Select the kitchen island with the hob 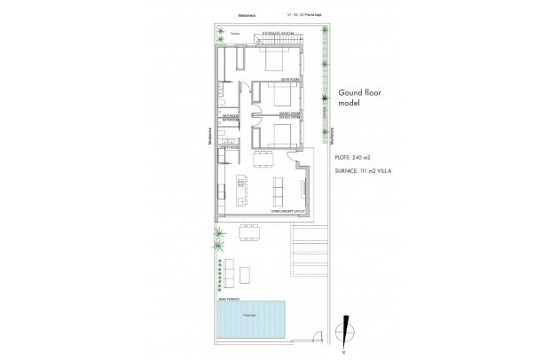click(240, 190)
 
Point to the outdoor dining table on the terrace click(248, 233)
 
